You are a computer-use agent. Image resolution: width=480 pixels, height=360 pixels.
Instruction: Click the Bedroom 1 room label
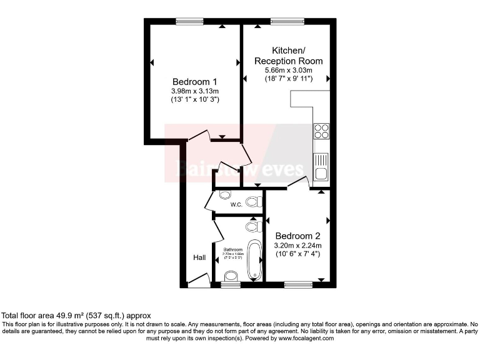(194, 81)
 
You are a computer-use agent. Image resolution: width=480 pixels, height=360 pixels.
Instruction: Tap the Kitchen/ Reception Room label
(288, 55)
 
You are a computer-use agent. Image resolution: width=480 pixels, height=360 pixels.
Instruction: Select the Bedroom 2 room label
(297, 236)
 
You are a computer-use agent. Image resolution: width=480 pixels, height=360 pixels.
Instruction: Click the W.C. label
(236, 204)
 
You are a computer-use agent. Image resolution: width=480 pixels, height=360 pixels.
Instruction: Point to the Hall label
(199, 257)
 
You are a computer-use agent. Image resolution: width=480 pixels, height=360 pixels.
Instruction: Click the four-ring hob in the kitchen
(321, 131)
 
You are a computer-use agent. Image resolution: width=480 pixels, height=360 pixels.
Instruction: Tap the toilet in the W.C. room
(253, 201)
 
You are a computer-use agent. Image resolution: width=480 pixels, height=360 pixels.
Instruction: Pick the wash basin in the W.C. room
(224, 194)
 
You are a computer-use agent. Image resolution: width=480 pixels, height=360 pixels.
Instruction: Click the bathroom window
(230, 284)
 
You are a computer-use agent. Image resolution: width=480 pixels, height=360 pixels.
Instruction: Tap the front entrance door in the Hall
(199, 284)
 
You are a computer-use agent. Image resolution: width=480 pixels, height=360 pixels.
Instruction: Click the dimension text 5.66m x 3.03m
(288, 71)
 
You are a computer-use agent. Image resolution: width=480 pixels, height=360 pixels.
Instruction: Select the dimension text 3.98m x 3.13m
(194, 91)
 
